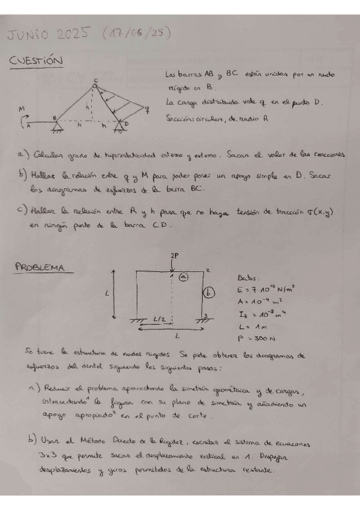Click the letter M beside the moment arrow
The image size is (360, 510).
pyautogui.click(x=22, y=109)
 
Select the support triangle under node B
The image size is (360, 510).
pyautogui.click(x=59, y=124)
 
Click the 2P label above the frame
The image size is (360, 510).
pyautogui.click(x=174, y=256)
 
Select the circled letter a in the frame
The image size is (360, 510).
pyautogui.click(x=184, y=276)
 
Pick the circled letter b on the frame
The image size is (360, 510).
pyautogui.click(x=207, y=293)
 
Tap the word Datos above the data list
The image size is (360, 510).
pyautogui.click(x=249, y=278)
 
